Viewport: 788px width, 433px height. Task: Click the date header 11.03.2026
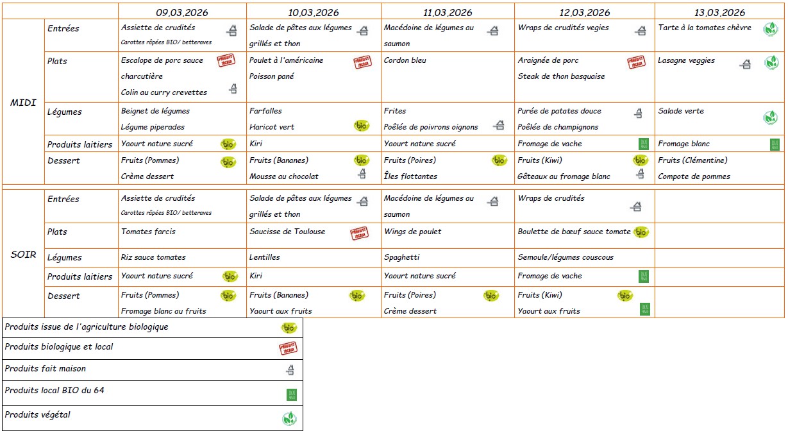pyautogui.click(x=448, y=12)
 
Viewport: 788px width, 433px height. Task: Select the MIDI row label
pyautogui.click(x=24, y=103)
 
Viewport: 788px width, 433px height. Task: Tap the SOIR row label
pyautogui.click(x=24, y=255)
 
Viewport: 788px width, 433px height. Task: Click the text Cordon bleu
pyautogui.click(x=405, y=60)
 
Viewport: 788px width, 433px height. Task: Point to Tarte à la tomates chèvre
pyautogui.click(x=705, y=28)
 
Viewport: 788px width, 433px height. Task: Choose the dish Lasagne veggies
pyautogui.click(x=686, y=60)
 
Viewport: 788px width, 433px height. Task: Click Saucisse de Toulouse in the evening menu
pyautogui.click(x=287, y=232)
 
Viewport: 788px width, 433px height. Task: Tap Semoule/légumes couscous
pyautogui.click(x=566, y=257)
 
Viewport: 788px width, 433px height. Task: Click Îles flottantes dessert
pyautogui.click(x=410, y=176)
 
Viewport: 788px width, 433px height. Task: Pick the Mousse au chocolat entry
pyautogui.click(x=284, y=176)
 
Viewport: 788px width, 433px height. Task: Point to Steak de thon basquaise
pyautogui.click(x=561, y=76)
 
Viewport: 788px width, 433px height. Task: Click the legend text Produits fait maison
pyautogui.click(x=45, y=369)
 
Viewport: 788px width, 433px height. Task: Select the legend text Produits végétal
pyautogui.click(x=37, y=415)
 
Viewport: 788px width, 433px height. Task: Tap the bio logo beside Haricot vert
pyautogui.click(x=362, y=126)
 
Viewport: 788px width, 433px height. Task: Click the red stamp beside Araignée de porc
pyautogui.click(x=636, y=62)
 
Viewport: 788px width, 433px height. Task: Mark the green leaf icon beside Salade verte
pyautogui.click(x=771, y=117)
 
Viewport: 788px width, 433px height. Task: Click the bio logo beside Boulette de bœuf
pyautogui.click(x=641, y=232)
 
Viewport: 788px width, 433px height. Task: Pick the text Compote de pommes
pyautogui.click(x=694, y=176)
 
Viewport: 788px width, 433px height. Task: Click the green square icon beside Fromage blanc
pyautogui.click(x=775, y=144)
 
